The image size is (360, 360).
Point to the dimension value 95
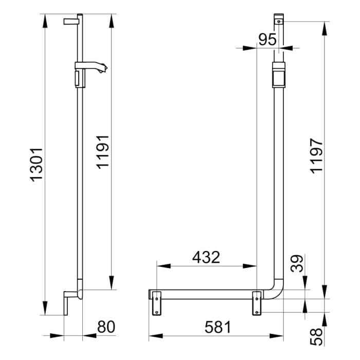click(267, 40)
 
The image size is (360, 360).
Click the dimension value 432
click(206, 257)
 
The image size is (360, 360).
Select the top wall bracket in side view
click(71, 21)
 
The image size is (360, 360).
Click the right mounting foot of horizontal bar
click(257, 303)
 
